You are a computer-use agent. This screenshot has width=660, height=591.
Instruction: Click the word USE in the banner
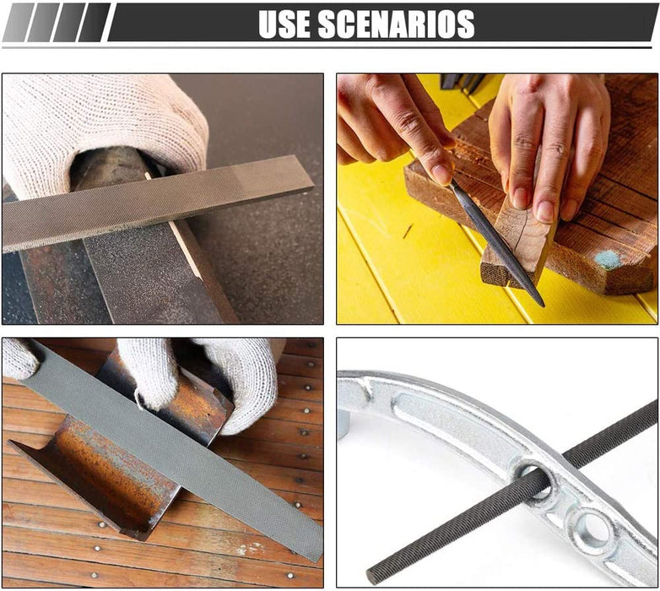284,24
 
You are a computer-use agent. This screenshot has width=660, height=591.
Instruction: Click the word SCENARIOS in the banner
397,24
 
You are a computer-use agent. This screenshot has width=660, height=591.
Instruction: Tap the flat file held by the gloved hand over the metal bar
158,203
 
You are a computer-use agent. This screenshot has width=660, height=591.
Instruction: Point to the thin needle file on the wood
496,242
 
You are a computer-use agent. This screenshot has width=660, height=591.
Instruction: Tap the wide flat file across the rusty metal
172,450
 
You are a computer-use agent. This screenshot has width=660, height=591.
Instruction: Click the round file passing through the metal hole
511,492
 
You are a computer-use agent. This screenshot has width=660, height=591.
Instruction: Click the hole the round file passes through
533,480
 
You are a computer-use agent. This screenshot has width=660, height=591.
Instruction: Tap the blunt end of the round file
371,577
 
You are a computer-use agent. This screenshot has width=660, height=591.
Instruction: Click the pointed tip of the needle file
542,304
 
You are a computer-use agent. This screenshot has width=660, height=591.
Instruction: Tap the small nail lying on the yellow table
407,231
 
